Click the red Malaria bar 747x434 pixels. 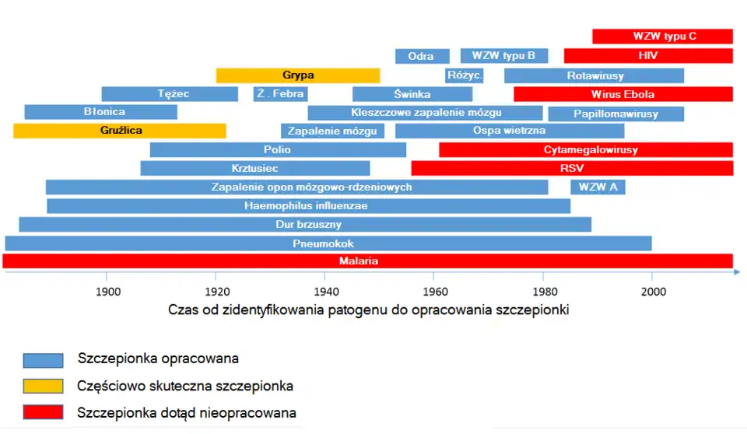coord(368,261)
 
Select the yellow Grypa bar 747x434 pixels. coord(298,75)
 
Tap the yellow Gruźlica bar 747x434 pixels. coord(120,131)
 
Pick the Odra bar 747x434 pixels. coord(422,56)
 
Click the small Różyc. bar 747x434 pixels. coord(465,75)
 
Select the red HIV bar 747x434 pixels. coord(648,56)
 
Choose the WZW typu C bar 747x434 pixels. coord(662,37)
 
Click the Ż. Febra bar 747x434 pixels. coord(280,94)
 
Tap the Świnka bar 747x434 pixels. coord(412,94)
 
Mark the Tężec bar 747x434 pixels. coord(170,94)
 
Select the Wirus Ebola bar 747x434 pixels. coord(623,94)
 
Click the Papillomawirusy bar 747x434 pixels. coord(616,114)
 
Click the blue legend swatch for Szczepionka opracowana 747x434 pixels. coord(44,359)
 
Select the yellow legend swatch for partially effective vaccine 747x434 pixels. coord(44,386)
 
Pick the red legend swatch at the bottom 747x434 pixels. coord(44,413)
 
